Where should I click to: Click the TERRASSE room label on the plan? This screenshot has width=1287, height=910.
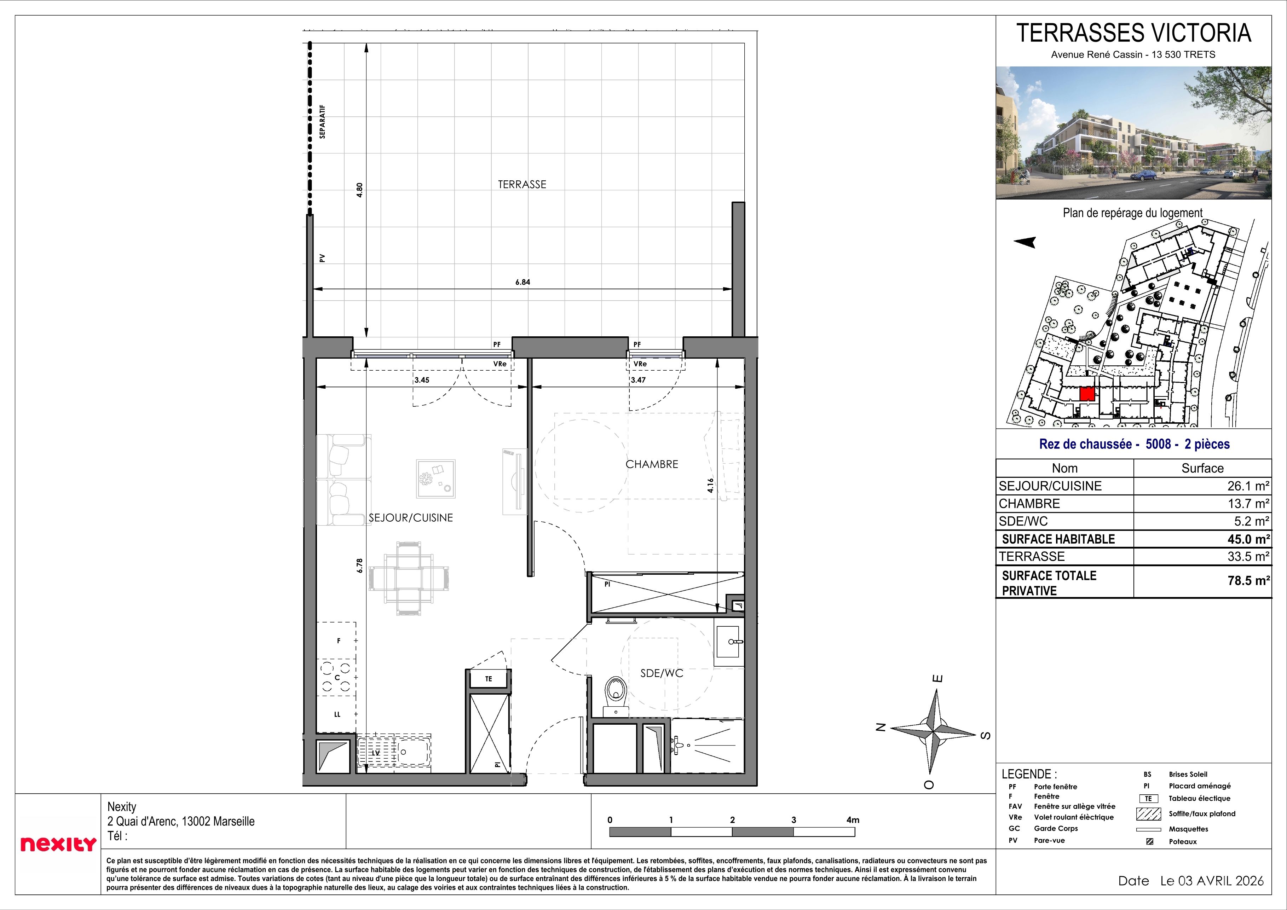coord(521,184)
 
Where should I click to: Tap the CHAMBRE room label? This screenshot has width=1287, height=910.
coord(651,464)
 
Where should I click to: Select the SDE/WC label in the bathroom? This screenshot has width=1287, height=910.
coord(662,673)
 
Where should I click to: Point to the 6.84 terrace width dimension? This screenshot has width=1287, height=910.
coord(523,283)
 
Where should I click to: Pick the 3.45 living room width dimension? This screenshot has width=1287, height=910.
coord(422,380)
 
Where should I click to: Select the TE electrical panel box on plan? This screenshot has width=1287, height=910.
coord(488,679)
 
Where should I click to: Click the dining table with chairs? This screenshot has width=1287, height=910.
coord(409,578)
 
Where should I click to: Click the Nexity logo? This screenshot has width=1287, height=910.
coord(58,844)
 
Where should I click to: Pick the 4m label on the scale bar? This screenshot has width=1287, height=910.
coord(853,820)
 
